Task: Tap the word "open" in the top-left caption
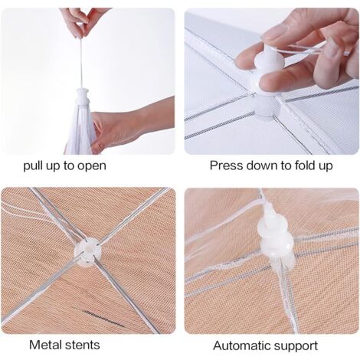click(x=92, y=166)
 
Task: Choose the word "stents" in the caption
click(x=82, y=345)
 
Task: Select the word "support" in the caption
click(x=296, y=346)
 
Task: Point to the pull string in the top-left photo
click(x=81, y=63)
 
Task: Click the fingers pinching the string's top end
click(x=82, y=22)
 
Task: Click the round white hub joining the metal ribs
click(x=87, y=251)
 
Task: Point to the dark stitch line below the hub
click(x=104, y=319)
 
